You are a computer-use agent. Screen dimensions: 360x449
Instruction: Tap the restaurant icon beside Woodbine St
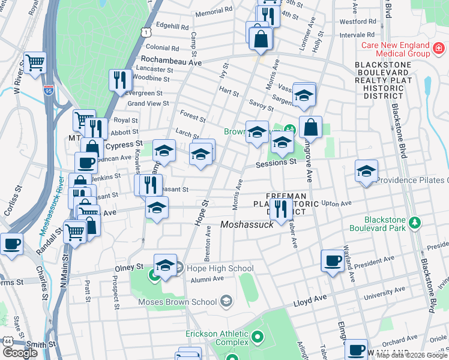click(120, 79)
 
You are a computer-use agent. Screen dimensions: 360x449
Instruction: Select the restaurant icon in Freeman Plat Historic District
click(280, 208)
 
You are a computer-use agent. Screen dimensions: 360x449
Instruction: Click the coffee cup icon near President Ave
click(332, 260)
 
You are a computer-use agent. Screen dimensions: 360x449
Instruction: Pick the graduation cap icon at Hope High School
click(165, 265)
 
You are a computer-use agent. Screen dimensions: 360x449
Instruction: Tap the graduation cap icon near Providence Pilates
click(366, 171)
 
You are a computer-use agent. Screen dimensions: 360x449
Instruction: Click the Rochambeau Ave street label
click(170, 60)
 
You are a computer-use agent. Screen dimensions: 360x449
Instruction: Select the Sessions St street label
click(276, 162)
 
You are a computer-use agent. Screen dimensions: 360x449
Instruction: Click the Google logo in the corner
click(20, 353)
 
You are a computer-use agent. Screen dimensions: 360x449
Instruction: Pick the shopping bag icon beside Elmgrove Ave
click(310, 127)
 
